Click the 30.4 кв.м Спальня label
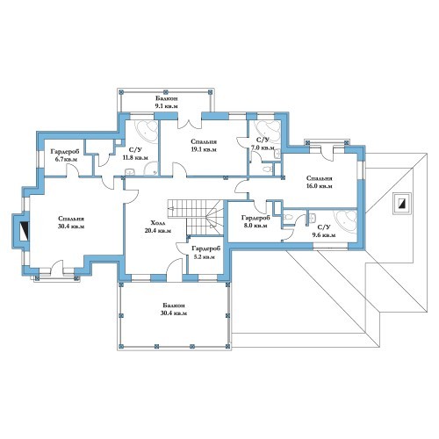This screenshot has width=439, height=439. point(71,222)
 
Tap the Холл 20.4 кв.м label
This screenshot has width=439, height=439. point(158,227)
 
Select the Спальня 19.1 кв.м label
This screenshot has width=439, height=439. point(204,146)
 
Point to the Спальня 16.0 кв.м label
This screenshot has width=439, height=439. point(319,182)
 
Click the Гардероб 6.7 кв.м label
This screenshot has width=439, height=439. point(64,155)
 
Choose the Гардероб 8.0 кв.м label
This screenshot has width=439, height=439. point(255,221)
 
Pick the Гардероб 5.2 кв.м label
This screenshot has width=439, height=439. point(205,253)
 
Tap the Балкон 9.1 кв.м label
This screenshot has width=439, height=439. point(166,102)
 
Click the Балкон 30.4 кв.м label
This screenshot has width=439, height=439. point(174,309)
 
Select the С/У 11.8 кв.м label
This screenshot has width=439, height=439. point(135,154)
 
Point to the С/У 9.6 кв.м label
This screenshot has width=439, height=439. point(324,231)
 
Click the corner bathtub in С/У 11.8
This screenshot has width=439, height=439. point(147,131)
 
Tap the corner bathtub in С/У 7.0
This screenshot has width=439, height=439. point(268,129)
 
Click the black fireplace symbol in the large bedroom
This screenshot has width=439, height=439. point(25,231)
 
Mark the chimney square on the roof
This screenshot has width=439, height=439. point(402,204)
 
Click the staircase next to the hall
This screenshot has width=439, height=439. point(196,217)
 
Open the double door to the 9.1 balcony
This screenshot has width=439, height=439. point(190,124)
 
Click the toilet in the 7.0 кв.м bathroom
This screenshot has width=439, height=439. point(268,169)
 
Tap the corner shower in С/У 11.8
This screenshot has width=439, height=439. point(151,169)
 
